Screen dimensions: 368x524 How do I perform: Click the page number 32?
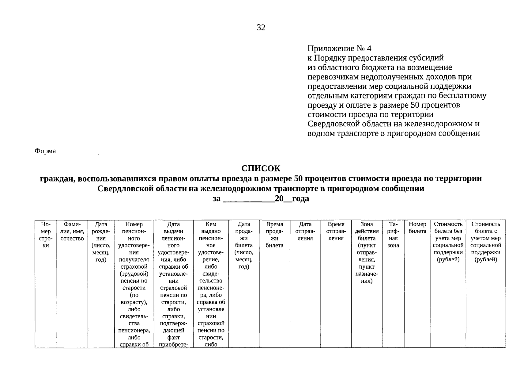pyautogui.click(x=261, y=28)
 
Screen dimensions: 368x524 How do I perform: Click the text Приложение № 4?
pyautogui.click(x=339, y=48)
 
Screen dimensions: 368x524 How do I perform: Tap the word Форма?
pyautogui.click(x=45, y=151)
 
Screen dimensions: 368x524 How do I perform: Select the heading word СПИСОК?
pyautogui.click(x=261, y=168)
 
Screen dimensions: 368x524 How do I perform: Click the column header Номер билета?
pyautogui.click(x=417, y=228)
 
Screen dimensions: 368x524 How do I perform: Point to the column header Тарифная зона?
pyautogui.click(x=393, y=235)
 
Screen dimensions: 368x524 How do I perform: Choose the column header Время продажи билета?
pyautogui.click(x=274, y=235)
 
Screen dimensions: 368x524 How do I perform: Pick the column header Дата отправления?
pyautogui.click(x=305, y=231)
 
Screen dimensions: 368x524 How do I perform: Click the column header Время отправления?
pyautogui.click(x=336, y=231)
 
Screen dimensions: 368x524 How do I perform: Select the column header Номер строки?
pyautogui.click(x=46, y=235)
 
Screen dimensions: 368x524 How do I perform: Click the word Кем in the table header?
pyautogui.click(x=211, y=224)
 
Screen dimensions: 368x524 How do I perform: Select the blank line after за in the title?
pyautogui.click(x=248, y=199)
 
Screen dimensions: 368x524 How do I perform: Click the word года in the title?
pyautogui.click(x=300, y=199)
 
